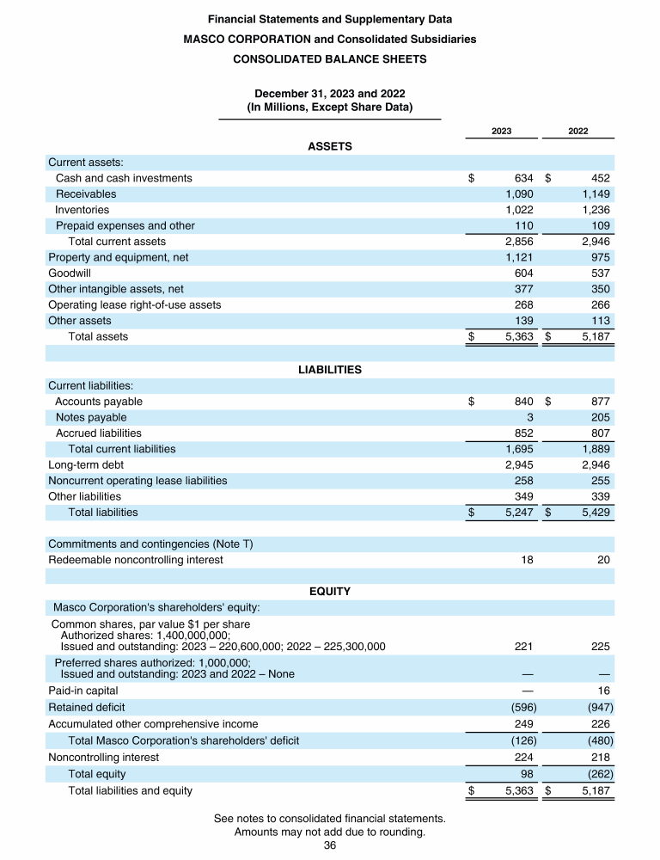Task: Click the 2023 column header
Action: (502, 131)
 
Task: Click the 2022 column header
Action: (578, 131)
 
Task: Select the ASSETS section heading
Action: (330, 146)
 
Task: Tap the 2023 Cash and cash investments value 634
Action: (523, 178)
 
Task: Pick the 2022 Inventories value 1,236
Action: (596, 210)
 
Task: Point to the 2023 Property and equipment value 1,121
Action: (519, 257)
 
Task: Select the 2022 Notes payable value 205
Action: (599, 417)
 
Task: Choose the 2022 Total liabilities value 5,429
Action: (595, 512)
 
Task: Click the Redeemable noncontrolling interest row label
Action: (136, 560)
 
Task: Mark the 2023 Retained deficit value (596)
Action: (519, 707)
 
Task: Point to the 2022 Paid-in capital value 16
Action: (603, 691)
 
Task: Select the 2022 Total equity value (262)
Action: (598, 774)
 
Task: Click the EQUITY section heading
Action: (330, 592)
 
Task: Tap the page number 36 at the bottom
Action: (329, 845)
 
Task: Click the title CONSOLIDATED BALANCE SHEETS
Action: (330, 59)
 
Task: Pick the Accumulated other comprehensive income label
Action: (153, 724)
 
